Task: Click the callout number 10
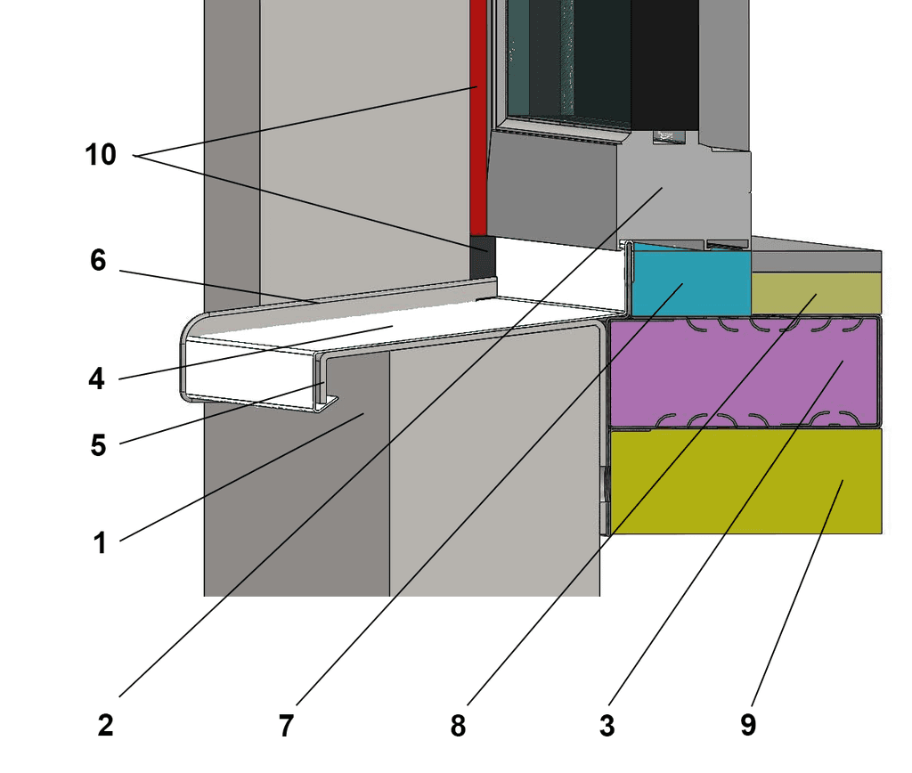click(101, 155)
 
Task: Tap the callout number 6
click(98, 260)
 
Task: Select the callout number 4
click(96, 379)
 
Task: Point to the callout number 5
click(98, 444)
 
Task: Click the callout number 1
click(100, 541)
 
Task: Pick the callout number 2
click(105, 725)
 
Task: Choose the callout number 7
click(285, 726)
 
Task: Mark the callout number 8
click(458, 726)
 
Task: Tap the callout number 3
click(607, 726)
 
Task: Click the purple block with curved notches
click(745, 371)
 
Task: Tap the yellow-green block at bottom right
click(745, 481)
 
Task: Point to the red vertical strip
click(478, 116)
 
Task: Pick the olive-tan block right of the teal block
click(815, 293)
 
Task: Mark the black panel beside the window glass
click(664, 62)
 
